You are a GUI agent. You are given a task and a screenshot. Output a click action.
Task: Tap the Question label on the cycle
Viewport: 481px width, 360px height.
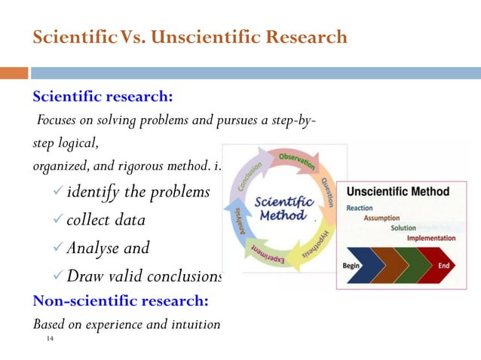click(x=326, y=194)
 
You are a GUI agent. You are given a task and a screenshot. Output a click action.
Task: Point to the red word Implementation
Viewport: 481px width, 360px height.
click(x=431, y=238)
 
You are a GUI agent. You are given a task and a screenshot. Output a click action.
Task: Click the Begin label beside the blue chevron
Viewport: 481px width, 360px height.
click(x=351, y=266)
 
